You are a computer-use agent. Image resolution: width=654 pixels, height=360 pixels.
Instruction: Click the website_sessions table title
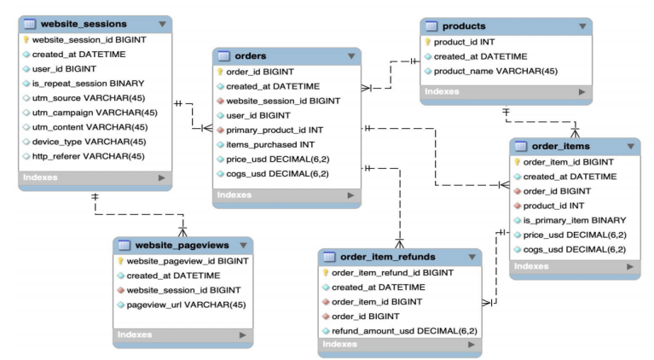pyautogui.click(x=84, y=24)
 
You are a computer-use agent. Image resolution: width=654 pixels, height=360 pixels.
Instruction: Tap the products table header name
pyautogui.click(x=465, y=26)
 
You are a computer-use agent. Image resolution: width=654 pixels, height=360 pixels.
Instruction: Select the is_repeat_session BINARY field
pyautogui.click(x=88, y=84)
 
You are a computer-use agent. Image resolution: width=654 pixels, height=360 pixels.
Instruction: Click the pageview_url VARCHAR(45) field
pyautogui.click(x=186, y=305)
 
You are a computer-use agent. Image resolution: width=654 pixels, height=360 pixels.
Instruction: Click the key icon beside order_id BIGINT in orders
pyautogui.click(x=221, y=72)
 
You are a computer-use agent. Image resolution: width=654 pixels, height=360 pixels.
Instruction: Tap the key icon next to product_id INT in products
pyautogui.click(x=428, y=42)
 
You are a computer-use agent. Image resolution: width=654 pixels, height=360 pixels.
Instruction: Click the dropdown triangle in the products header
pyautogui.click(x=582, y=26)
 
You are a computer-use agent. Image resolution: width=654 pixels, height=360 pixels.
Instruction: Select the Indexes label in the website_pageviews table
pyautogui.click(x=135, y=334)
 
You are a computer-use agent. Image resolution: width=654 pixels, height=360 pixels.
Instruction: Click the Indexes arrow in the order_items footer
pyautogui.click(x=629, y=266)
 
